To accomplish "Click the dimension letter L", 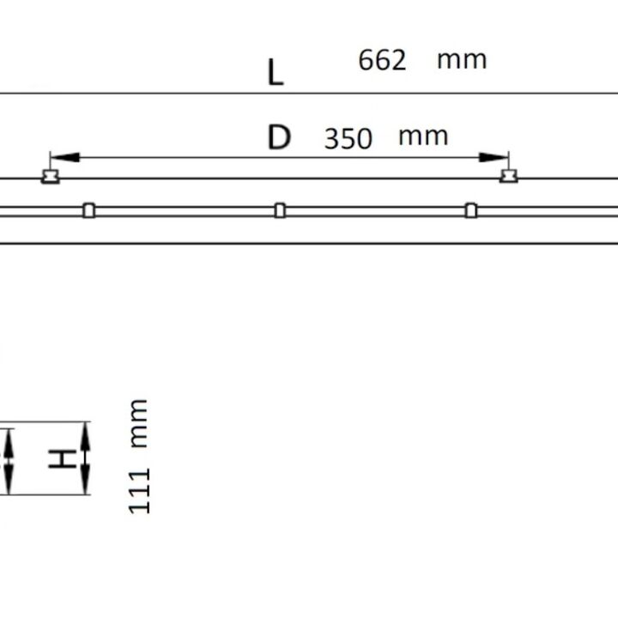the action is (x=276, y=72).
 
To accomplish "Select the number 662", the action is (x=382, y=60).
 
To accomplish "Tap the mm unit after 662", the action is (x=462, y=61).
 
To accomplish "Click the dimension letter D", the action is (x=279, y=136).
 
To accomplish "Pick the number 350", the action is (x=348, y=139).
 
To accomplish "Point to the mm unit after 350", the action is (x=423, y=137).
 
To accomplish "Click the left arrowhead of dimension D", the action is (x=65, y=158).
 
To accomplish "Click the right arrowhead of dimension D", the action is (x=493, y=158).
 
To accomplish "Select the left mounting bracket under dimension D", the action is (x=51, y=177).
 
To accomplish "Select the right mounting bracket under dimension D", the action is (x=508, y=176).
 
